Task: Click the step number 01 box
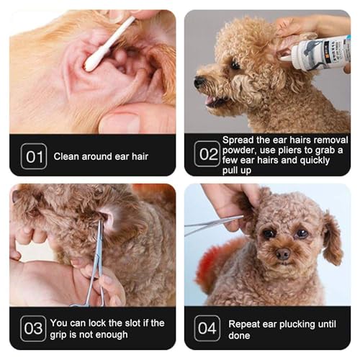(x=33, y=156)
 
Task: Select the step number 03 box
(x=33, y=328)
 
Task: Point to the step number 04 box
(x=207, y=328)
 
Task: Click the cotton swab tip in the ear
(x=94, y=62)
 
